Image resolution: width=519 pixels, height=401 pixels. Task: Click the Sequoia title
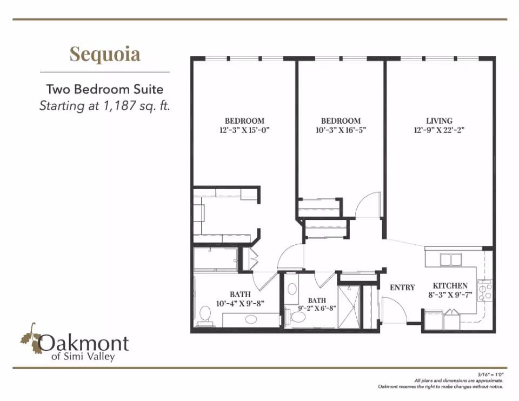click(x=105, y=54)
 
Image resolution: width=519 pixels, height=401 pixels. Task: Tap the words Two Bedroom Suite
click(x=104, y=89)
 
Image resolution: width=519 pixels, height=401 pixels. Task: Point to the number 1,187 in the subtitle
click(x=119, y=106)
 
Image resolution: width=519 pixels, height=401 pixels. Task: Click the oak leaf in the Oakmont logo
click(x=30, y=338)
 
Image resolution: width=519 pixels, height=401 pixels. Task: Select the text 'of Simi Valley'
click(x=83, y=357)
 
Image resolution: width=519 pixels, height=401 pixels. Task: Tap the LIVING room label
click(x=439, y=121)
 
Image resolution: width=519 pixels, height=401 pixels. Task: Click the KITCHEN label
click(x=450, y=285)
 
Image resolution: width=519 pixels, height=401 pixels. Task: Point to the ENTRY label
click(x=402, y=287)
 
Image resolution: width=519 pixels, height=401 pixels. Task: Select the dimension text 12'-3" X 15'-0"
click(x=244, y=130)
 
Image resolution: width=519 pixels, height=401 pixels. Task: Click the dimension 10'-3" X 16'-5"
click(x=341, y=130)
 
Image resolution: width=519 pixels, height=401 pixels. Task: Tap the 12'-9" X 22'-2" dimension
click(x=439, y=130)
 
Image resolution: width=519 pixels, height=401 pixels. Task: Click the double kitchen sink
click(x=450, y=259)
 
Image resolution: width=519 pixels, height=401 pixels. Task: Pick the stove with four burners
click(x=484, y=291)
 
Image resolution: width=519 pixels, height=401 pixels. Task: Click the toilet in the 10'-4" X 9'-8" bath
click(x=205, y=316)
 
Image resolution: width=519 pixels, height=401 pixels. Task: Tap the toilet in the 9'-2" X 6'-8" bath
click(x=296, y=317)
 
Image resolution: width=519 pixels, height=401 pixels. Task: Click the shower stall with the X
click(x=349, y=307)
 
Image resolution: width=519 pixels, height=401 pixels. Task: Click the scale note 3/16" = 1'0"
click(x=490, y=375)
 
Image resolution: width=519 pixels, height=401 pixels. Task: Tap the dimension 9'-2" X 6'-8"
click(x=317, y=309)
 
